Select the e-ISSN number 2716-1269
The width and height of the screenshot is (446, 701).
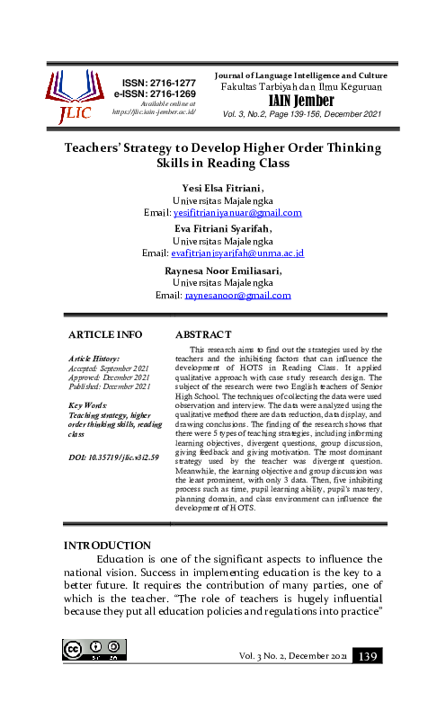pos(154,93)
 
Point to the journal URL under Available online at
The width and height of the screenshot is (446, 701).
pos(154,112)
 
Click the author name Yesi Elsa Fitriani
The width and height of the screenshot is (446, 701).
pos(222,188)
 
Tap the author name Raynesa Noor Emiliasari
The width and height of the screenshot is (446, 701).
pos(223,270)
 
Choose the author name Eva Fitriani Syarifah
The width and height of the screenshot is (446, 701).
pos(223,229)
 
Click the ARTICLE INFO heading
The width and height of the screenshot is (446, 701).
pos(106,333)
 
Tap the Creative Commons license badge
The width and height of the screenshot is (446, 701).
pos(91,651)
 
